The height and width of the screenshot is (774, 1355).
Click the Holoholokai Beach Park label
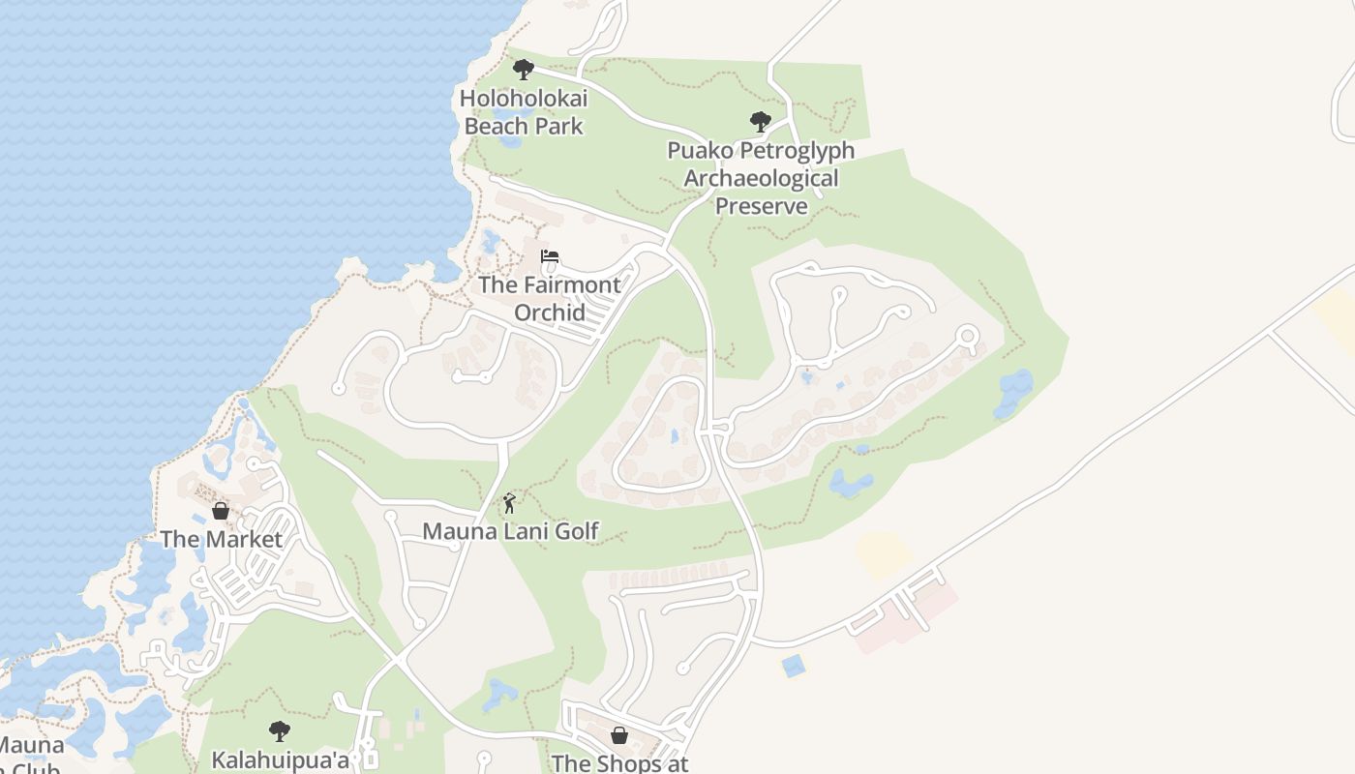[x=524, y=112]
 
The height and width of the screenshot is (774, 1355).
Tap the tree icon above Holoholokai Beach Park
[x=524, y=70]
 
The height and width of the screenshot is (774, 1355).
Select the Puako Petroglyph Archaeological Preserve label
[x=761, y=178]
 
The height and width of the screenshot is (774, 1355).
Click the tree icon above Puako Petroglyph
[x=761, y=122]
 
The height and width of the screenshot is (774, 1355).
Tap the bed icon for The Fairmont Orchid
[x=550, y=257]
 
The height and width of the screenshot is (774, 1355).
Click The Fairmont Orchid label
[x=550, y=298]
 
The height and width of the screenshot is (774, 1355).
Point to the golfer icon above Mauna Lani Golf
[x=510, y=503]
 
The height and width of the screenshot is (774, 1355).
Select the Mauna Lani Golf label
[x=510, y=531]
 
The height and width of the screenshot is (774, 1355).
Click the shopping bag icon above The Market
[x=221, y=511]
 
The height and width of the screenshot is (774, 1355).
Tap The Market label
[x=221, y=539]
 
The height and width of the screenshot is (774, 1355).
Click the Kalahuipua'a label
[x=281, y=759]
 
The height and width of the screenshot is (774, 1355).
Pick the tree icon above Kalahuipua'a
[x=280, y=730]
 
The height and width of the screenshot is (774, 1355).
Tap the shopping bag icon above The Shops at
[x=619, y=735]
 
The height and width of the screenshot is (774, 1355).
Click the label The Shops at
[x=619, y=762]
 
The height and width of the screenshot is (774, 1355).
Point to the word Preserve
[x=761, y=206]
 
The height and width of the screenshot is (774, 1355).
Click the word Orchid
[x=550, y=313]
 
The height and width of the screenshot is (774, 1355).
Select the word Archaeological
[x=761, y=178]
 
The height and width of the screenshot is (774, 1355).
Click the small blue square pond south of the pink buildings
[x=793, y=666]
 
